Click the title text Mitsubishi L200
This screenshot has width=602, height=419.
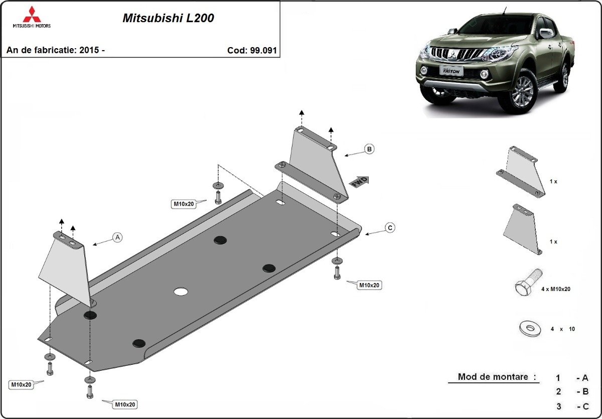[x=168, y=18]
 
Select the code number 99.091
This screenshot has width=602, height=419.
[x=263, y=50]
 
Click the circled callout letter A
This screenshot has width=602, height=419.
[x=117, y=237]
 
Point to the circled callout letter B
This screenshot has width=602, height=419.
[x=369, y=149]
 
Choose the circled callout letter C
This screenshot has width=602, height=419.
[x=389, y=228]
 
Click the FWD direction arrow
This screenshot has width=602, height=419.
[x=360, y=182]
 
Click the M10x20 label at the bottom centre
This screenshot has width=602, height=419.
[x=125, y=404]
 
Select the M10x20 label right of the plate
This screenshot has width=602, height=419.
[x=369, y=285]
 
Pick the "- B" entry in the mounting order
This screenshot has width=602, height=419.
[x=582, y=391]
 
